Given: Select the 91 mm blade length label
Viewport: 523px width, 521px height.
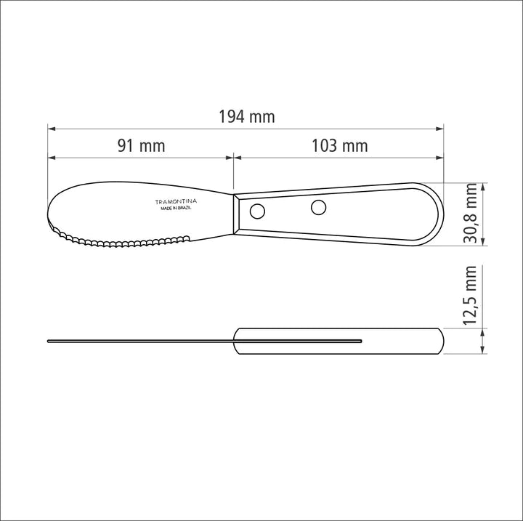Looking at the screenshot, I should tap(142, 146).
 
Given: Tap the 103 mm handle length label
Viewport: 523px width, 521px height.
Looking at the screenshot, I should tap(339, 146).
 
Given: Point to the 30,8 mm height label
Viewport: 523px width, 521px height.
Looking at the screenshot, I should tap(471, 213).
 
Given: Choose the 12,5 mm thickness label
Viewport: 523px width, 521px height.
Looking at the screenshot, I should tap(471, 296).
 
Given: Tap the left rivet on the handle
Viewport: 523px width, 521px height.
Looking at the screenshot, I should tap(256, 211).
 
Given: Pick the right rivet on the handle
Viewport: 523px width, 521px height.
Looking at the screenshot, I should tap(318, 207).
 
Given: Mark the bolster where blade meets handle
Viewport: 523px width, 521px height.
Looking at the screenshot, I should tap(237, 212).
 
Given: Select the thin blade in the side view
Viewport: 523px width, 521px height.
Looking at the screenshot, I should tap(138, 340).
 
